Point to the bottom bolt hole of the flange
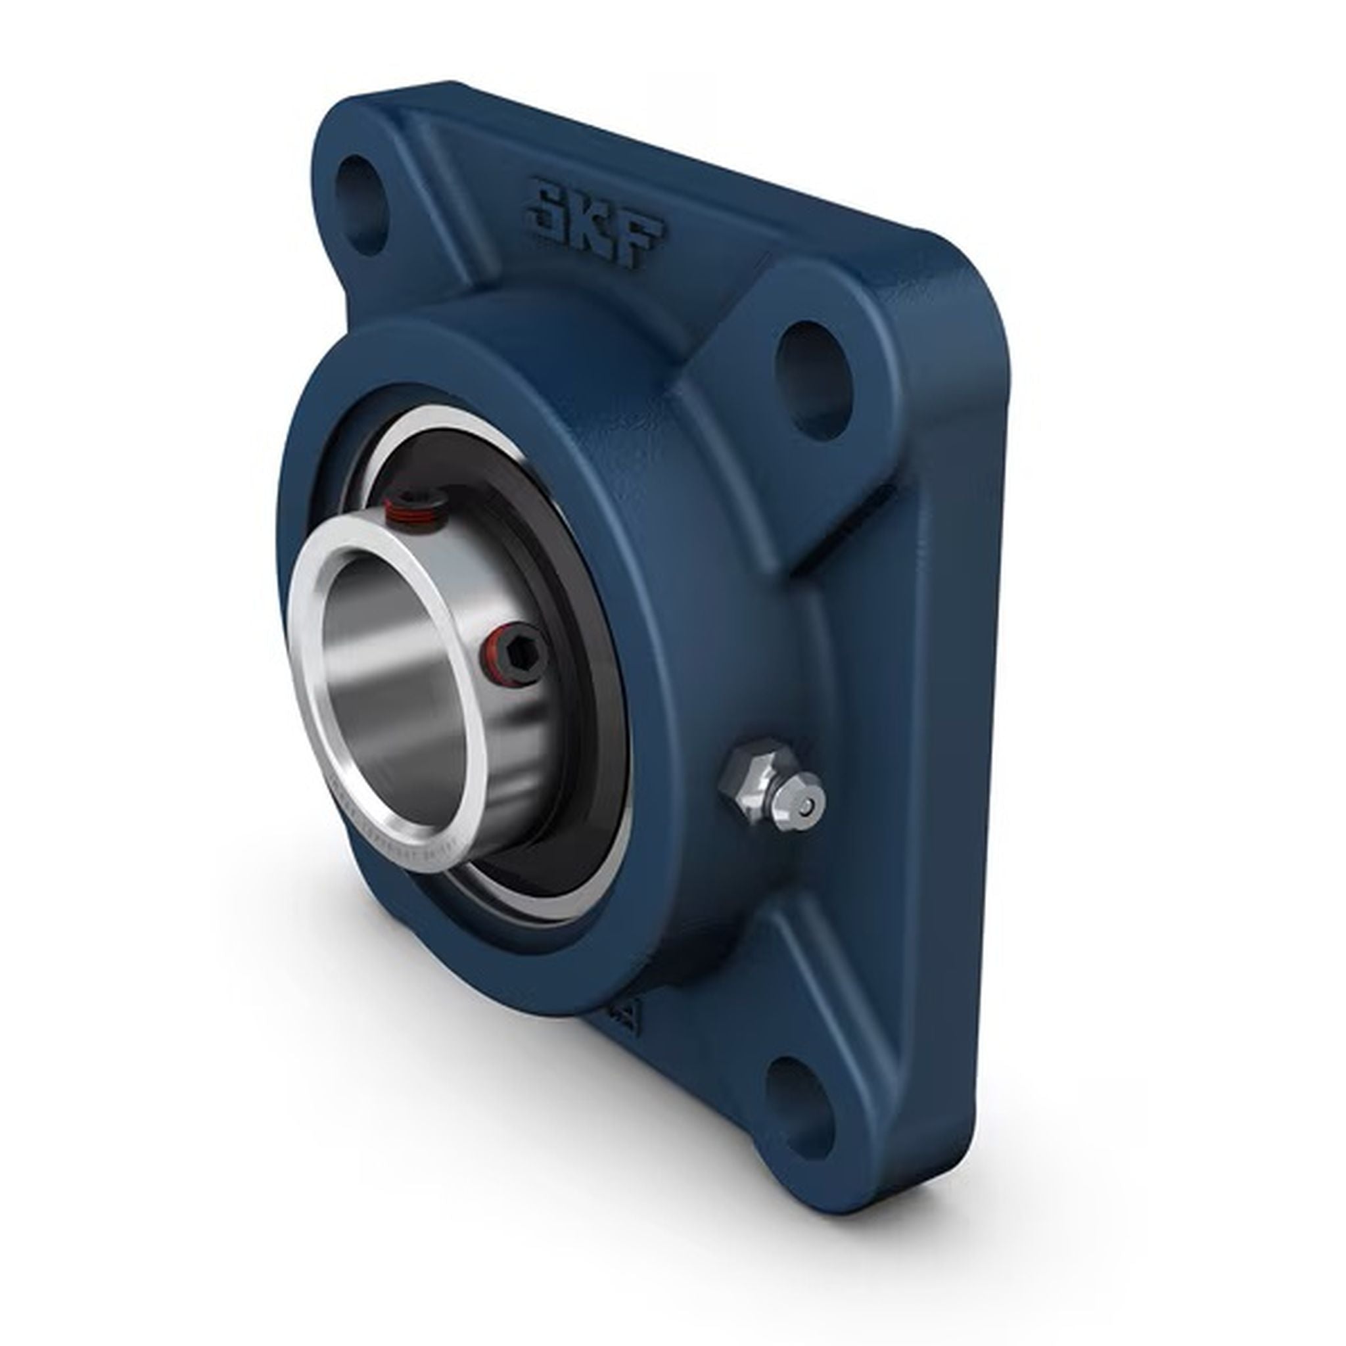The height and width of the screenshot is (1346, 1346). point(794,1099)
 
